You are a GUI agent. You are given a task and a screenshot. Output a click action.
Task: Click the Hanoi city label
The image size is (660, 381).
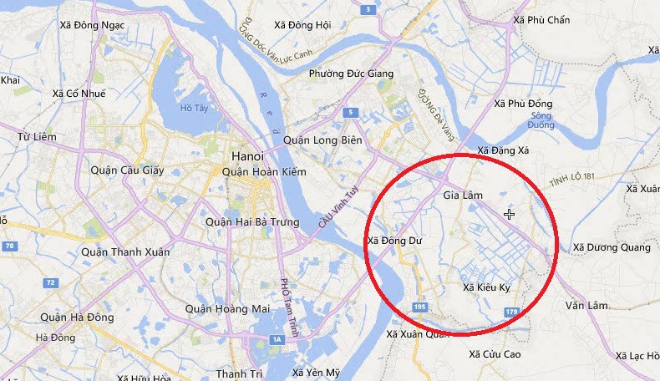[x=246, y=156]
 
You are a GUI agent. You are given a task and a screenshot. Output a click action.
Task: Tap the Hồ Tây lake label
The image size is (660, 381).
[x=193, y=109]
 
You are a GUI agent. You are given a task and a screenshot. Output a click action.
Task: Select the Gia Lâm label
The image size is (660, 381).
[x=463, y=196]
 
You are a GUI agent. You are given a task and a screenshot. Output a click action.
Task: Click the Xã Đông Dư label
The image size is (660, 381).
[x=394, y=241]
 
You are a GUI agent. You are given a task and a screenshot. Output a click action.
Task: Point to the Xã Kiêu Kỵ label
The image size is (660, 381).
[x=486, y=288]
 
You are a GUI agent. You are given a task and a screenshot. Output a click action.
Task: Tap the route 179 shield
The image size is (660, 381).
[x=512, y=312]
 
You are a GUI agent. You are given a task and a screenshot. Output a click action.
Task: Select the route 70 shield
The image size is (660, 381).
[x=9, y=246]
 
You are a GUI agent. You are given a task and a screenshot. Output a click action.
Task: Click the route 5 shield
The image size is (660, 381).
[x=351, y=112]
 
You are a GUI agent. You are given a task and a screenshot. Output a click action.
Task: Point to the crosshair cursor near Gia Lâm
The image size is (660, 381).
[x=509, y=215]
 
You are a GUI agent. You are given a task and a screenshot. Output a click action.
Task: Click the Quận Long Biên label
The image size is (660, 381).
[x=322, y=140]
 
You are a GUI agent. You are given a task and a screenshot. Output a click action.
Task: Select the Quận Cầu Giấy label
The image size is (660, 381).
[x=127, y=170]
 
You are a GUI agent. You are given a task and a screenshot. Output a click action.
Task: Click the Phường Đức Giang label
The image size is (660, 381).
[x=351, y=74]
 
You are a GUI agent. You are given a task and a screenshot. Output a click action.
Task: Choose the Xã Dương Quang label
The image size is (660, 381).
[x=611, y=247]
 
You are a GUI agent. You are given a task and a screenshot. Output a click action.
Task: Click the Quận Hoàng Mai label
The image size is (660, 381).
[x=228, y=309]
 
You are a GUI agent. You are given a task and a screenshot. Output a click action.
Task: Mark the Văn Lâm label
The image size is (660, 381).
[x=585, y=306]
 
